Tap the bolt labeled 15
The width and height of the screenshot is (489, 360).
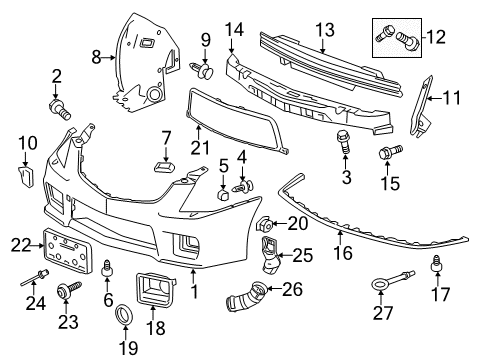tap(386, 153)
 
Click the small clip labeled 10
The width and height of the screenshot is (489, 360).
tap(27, 179)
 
